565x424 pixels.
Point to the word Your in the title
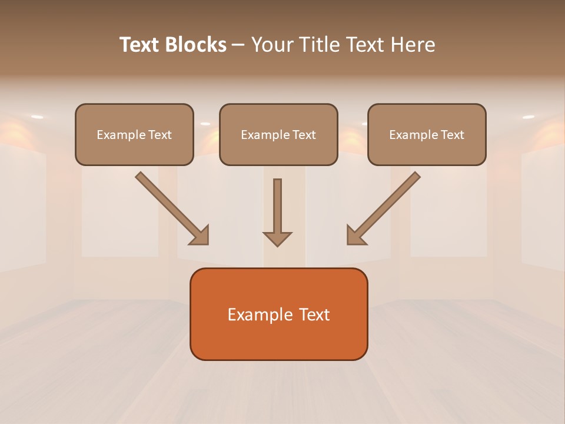pos(271,45)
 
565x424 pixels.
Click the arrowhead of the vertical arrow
pos(277,238)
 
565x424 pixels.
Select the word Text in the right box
pos(452,135)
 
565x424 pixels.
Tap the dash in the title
pos(238,45)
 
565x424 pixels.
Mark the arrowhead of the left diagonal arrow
pos(200,236)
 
